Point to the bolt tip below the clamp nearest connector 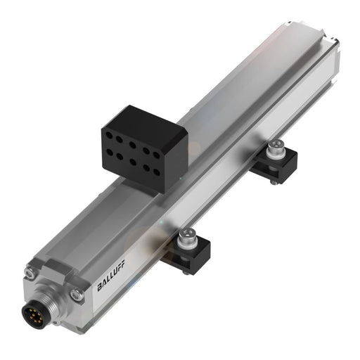click(x=185, y=271)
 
